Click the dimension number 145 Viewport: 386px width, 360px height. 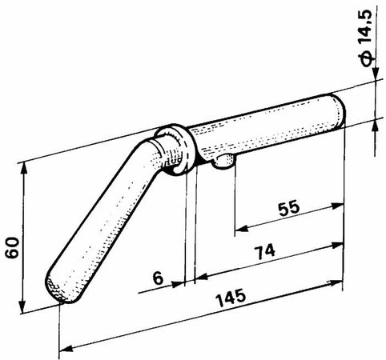231,297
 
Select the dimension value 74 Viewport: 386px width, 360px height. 264,252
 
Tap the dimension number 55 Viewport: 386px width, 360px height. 289,208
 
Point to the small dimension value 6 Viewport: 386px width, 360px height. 158,278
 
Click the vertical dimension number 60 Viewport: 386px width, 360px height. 13,247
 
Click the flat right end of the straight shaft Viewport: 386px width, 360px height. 338,110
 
